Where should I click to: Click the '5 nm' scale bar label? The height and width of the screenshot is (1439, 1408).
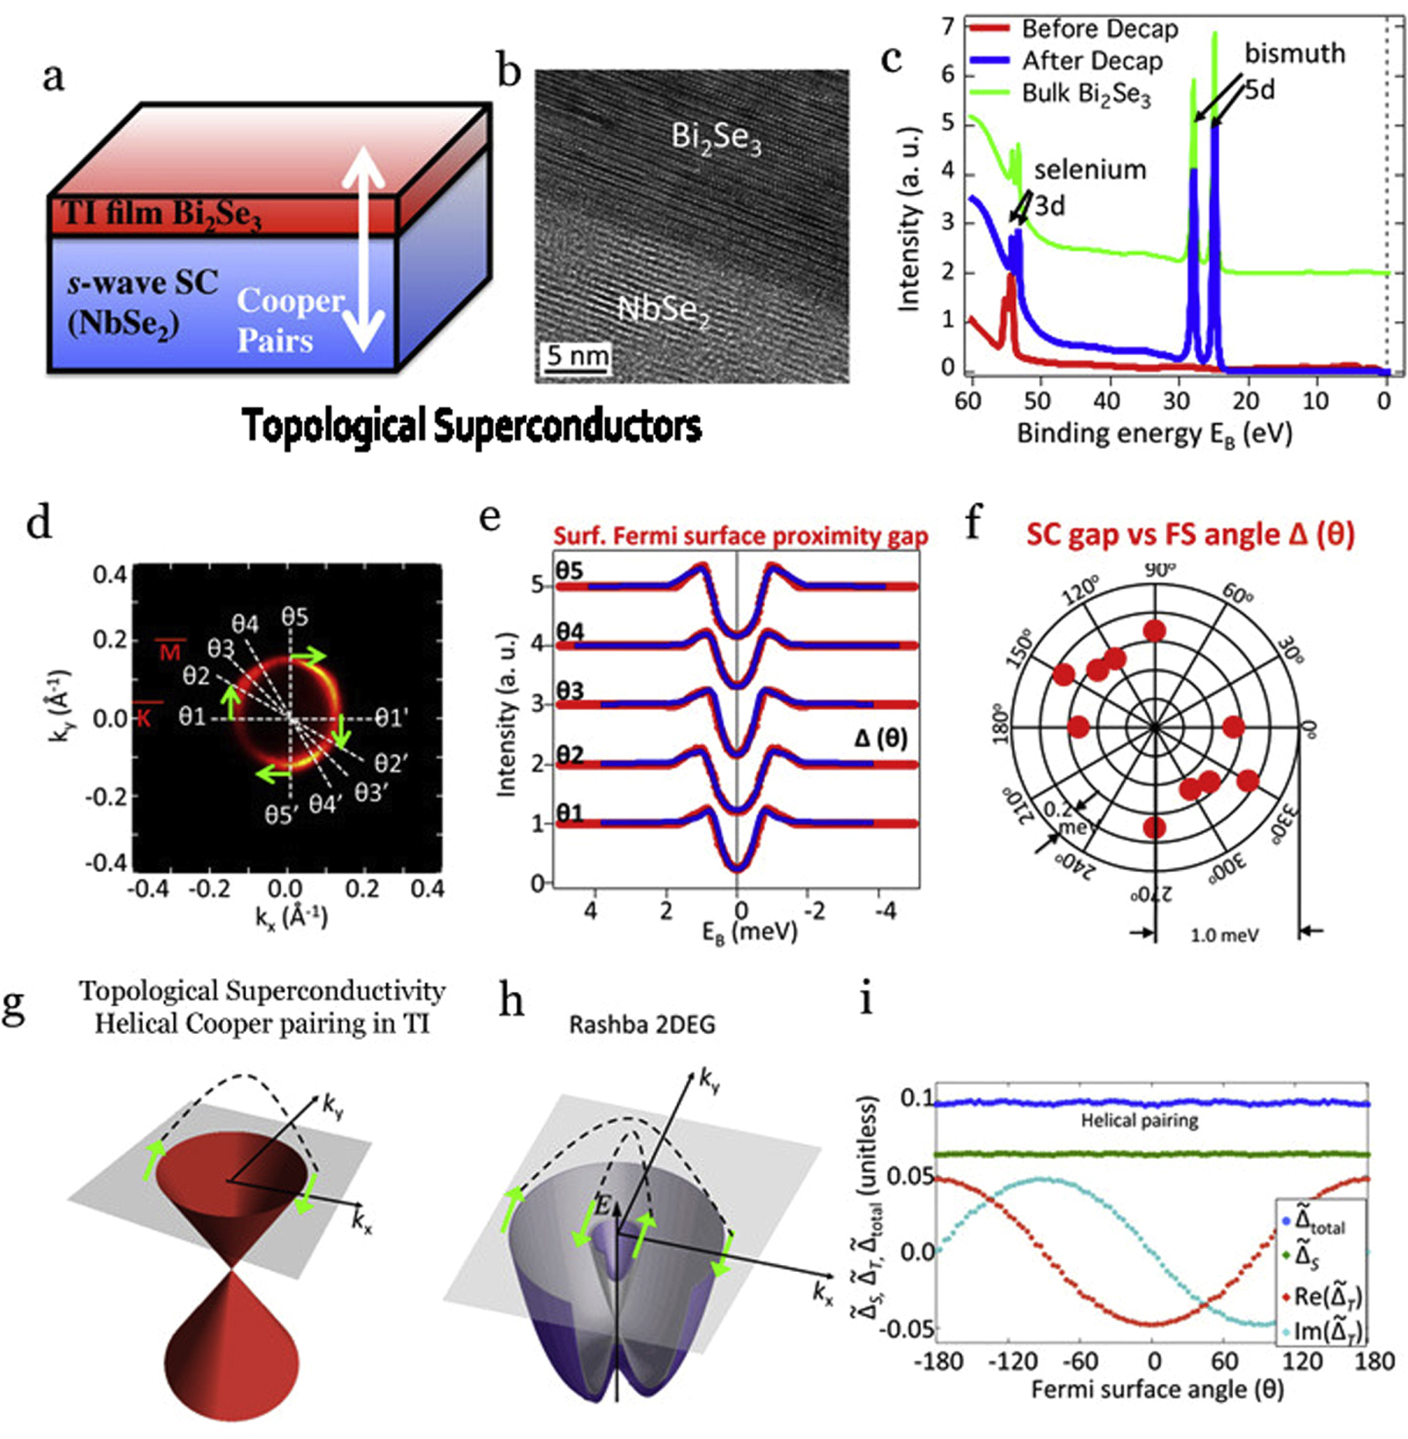576,356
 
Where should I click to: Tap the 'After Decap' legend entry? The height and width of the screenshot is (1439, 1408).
1092,61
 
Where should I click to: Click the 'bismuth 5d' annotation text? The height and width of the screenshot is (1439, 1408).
1294,70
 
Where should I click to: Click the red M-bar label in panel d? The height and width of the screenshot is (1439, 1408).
169,651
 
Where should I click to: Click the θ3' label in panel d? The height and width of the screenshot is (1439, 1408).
370,793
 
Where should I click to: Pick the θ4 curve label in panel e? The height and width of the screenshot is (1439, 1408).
569,631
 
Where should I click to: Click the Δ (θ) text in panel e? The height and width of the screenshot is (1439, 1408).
880,738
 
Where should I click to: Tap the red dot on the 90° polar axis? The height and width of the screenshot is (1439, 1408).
1155,631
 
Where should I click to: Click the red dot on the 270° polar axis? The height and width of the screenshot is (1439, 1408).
1154,827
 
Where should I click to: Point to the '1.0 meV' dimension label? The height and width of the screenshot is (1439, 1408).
1224,936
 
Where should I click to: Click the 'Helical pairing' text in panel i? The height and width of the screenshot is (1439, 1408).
1139,1120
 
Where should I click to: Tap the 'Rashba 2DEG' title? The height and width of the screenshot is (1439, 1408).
642,1025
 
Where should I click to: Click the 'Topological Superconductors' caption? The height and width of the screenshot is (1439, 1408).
472,426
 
